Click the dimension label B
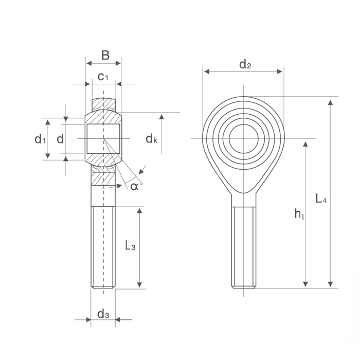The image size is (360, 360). pos(105,56)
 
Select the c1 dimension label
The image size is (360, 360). pos(103,77)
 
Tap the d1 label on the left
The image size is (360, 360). pos(40,139)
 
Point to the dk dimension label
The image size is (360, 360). pos(152,139)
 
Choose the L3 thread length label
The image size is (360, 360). pos(130,245)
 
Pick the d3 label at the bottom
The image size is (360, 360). pos(103,314)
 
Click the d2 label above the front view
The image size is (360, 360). pos(245,64)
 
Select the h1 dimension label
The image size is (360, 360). pos(299,214)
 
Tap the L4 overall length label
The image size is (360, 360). pos(321,199)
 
